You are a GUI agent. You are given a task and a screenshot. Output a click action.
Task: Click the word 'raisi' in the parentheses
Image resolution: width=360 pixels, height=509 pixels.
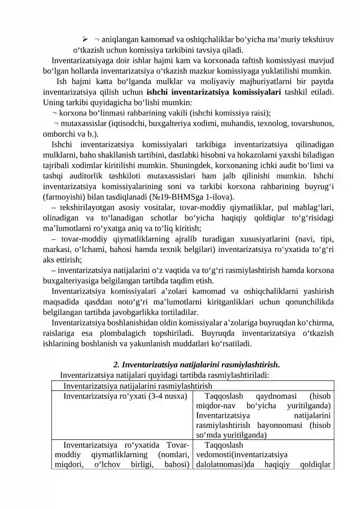258,113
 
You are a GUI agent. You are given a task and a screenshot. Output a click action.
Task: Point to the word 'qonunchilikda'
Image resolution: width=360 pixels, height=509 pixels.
310,302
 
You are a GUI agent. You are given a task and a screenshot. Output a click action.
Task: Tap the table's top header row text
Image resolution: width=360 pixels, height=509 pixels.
138,386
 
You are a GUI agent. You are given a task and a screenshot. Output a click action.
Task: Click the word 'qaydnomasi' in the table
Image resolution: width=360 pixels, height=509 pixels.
277,396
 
